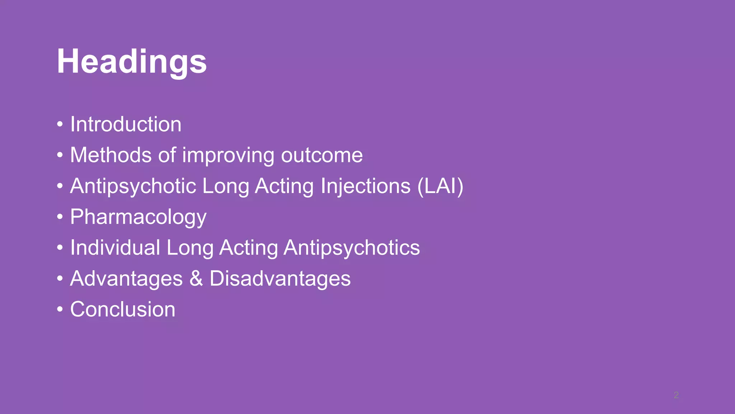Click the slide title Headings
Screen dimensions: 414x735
coord(132,62)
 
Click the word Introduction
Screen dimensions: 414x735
coord(126,124)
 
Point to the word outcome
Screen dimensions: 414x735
coord(322,155)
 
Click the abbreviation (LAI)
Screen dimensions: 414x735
coord(440,186)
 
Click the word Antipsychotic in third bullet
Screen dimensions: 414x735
coord(133,186)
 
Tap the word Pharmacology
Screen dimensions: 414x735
coord(138,217)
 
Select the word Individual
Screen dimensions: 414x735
coord(115,248)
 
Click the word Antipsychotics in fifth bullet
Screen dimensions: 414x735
coord(351,248)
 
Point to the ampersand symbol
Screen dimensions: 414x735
coord(196,279)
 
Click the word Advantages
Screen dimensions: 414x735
coord(126,279)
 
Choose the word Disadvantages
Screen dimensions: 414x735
coord(280,279)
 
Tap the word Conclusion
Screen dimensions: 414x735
coord(123,309)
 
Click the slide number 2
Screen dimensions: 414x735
coord(676,395)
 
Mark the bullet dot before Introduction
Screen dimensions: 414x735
coord(60,125)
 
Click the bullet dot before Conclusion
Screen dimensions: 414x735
coord(60,310)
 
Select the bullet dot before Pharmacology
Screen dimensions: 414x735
coord(60,217)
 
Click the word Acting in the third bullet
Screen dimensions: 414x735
coord(284,186)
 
